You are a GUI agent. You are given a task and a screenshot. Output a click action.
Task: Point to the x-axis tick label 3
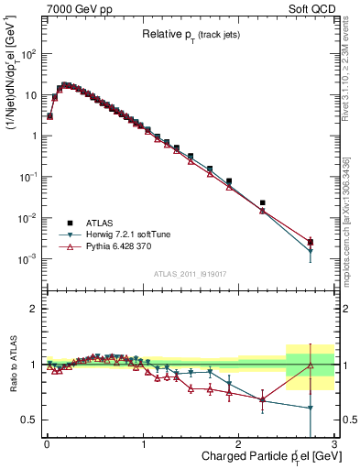tap(335, 444)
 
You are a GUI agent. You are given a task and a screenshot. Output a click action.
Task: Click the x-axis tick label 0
tap(47, 444)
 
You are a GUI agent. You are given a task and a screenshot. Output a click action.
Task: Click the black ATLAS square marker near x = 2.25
tap(263, 202)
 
